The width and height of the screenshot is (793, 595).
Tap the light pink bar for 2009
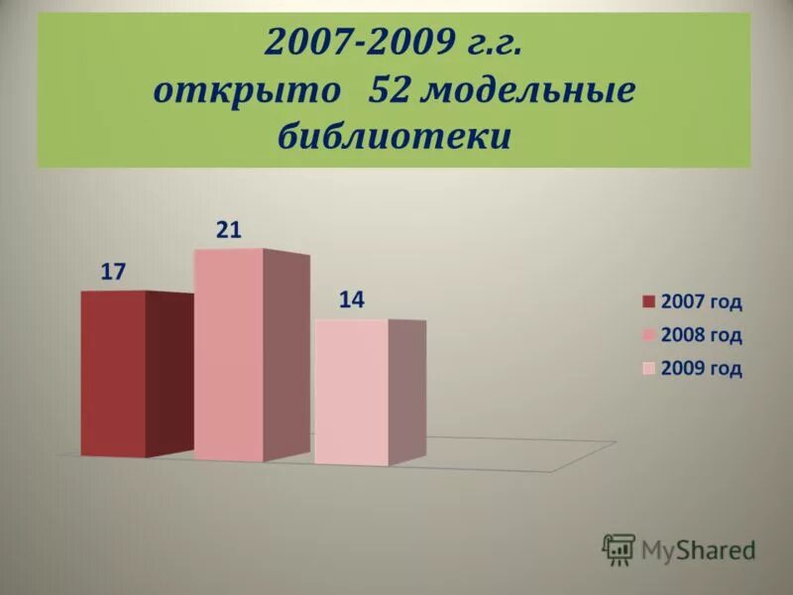coord(351,392)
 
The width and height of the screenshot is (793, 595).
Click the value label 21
coord(229,230)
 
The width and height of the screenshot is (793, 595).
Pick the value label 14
coord(352,300)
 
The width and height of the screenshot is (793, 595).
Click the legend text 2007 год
coord(701,302)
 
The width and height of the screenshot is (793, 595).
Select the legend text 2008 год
coord(701,335)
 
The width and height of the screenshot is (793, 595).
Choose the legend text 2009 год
coord(701,369)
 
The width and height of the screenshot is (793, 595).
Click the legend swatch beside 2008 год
coord(649,336)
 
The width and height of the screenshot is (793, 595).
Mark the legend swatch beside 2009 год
coord(649,370)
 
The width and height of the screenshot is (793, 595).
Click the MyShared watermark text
coord(698,548)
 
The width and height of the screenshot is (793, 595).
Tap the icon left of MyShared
coord(619,548)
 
